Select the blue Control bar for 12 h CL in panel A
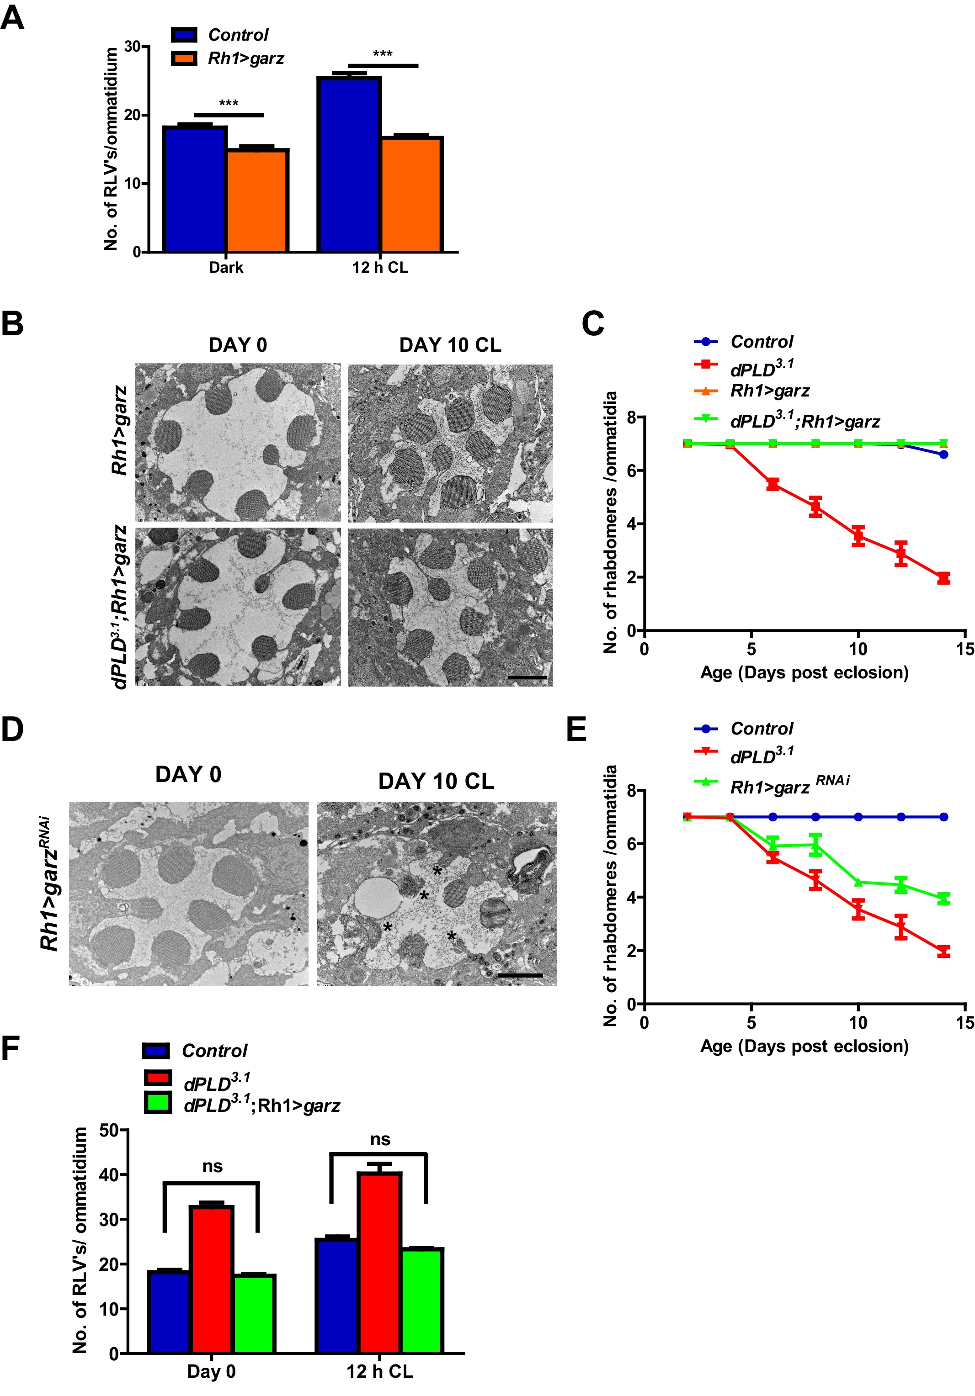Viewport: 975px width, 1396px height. coord(348,164)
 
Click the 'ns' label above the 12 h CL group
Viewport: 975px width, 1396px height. coord(379,1139)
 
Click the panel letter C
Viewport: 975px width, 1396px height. coord(592,323)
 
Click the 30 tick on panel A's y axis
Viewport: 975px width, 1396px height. coord(132,47)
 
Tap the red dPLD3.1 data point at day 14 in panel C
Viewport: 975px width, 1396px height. coord(943,577)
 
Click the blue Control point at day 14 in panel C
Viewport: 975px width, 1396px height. coord(943,454)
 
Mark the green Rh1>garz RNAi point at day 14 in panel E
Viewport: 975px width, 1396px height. coord(943,898)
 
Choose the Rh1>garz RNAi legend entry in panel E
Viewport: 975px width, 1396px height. coord(789,786)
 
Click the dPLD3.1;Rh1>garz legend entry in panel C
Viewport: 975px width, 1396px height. coord(804,421)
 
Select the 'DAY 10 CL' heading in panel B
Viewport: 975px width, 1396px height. coord(450,345)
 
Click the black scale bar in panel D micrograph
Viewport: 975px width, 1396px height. coord(520,975)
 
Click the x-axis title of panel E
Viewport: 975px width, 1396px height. coord(804,1046)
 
